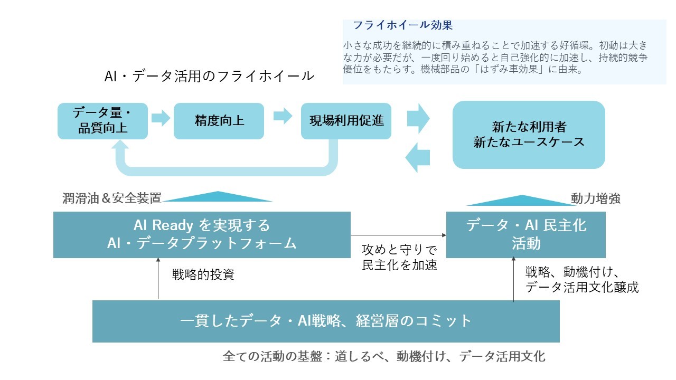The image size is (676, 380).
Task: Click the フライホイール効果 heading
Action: (402, 25)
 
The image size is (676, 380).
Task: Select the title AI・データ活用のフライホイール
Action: (209, 76)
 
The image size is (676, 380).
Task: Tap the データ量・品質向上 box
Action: (102, 121)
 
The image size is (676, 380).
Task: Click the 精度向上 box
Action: (219, 121)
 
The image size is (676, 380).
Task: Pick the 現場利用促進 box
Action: (346, 121)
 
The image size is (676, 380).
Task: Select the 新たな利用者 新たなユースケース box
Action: (529, 135)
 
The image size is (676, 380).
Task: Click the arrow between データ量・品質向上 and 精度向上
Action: (161, 117)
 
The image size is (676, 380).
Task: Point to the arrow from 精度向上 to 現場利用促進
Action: (283, 116)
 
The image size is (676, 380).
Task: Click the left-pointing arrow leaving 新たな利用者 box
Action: (417, 157)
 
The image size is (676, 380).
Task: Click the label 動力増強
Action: (595, 198)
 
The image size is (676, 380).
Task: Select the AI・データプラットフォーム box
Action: (202, 234)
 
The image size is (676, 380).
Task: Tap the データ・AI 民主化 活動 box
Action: (526, 234)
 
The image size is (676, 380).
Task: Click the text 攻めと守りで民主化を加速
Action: (399, 256)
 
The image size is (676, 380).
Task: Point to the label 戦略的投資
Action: (203, 275)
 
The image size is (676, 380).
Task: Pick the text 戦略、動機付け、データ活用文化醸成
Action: (581, 280)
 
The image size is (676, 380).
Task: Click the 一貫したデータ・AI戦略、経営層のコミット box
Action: (326, 321)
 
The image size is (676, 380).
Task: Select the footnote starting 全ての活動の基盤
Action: (384, 356)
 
